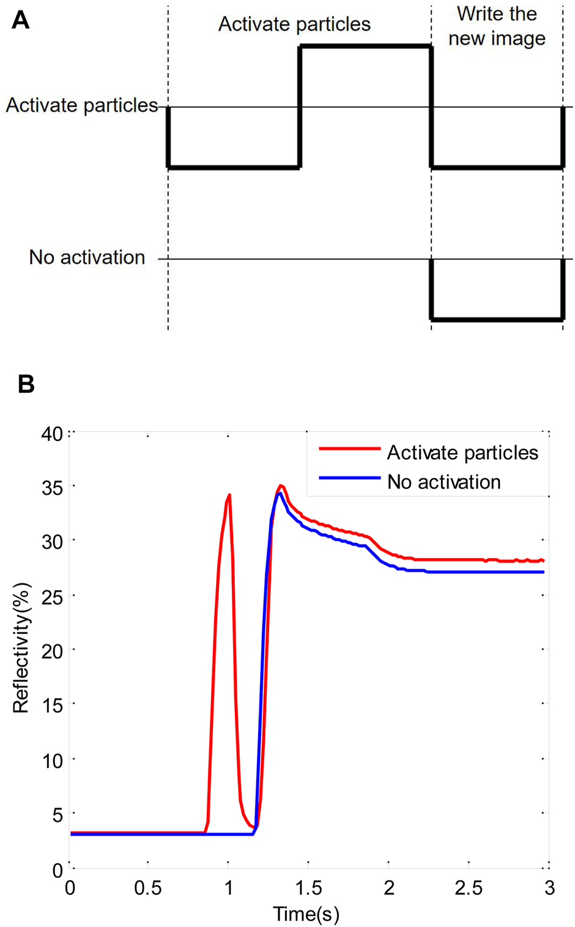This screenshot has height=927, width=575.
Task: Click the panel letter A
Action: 20,21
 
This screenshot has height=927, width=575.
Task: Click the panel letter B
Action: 26,385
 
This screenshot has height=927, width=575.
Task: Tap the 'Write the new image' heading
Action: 496,26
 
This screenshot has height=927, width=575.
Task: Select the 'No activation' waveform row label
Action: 87,258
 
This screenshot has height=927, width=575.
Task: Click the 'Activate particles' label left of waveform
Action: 81,105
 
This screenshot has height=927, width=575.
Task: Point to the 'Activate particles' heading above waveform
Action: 294,24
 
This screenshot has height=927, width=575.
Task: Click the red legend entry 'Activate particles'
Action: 462,452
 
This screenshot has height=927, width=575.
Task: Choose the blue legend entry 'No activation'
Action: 443,482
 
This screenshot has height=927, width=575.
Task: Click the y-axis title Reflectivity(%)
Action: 21,648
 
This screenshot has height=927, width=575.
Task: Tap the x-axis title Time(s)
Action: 306,914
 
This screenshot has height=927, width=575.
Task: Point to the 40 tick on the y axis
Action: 53,434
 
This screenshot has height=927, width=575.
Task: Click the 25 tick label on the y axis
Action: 53,597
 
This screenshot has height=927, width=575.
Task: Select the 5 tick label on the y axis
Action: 57,815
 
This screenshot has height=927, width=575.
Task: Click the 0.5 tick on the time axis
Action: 148,888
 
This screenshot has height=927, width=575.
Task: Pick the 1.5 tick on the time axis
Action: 308,888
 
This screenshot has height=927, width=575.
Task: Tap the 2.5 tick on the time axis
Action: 469,888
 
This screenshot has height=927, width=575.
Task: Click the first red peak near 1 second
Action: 229,495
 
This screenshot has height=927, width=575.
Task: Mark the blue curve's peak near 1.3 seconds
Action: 279,493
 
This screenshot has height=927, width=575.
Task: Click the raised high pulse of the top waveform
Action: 365,46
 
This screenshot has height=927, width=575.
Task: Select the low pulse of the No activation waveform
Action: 497,319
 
